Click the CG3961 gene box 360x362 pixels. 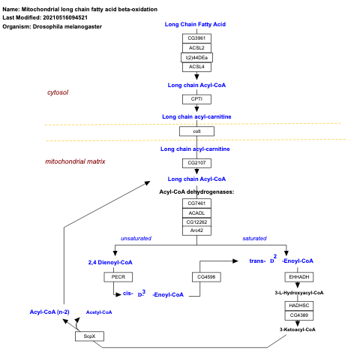[196, 38]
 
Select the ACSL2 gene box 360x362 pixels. [196, 47]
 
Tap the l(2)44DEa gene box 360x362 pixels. [196, 57]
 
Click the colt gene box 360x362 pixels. [196, 131]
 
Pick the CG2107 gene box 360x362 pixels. [196, 163]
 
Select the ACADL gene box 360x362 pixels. [196, 213]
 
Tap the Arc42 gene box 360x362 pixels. [196, 231]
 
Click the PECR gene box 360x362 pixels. [118, 277]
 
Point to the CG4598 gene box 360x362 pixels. [208, 277]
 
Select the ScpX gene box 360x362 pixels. [89, 336]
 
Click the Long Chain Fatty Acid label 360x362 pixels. [195, 24]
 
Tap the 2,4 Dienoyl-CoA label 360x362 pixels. [110, 262]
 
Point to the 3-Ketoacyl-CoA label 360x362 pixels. [298, 329]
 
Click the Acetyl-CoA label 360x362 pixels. [99, 312]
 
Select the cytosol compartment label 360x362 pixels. [58, 92]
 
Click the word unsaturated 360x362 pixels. [136, 238]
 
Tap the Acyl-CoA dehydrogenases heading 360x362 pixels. [196, 192]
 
